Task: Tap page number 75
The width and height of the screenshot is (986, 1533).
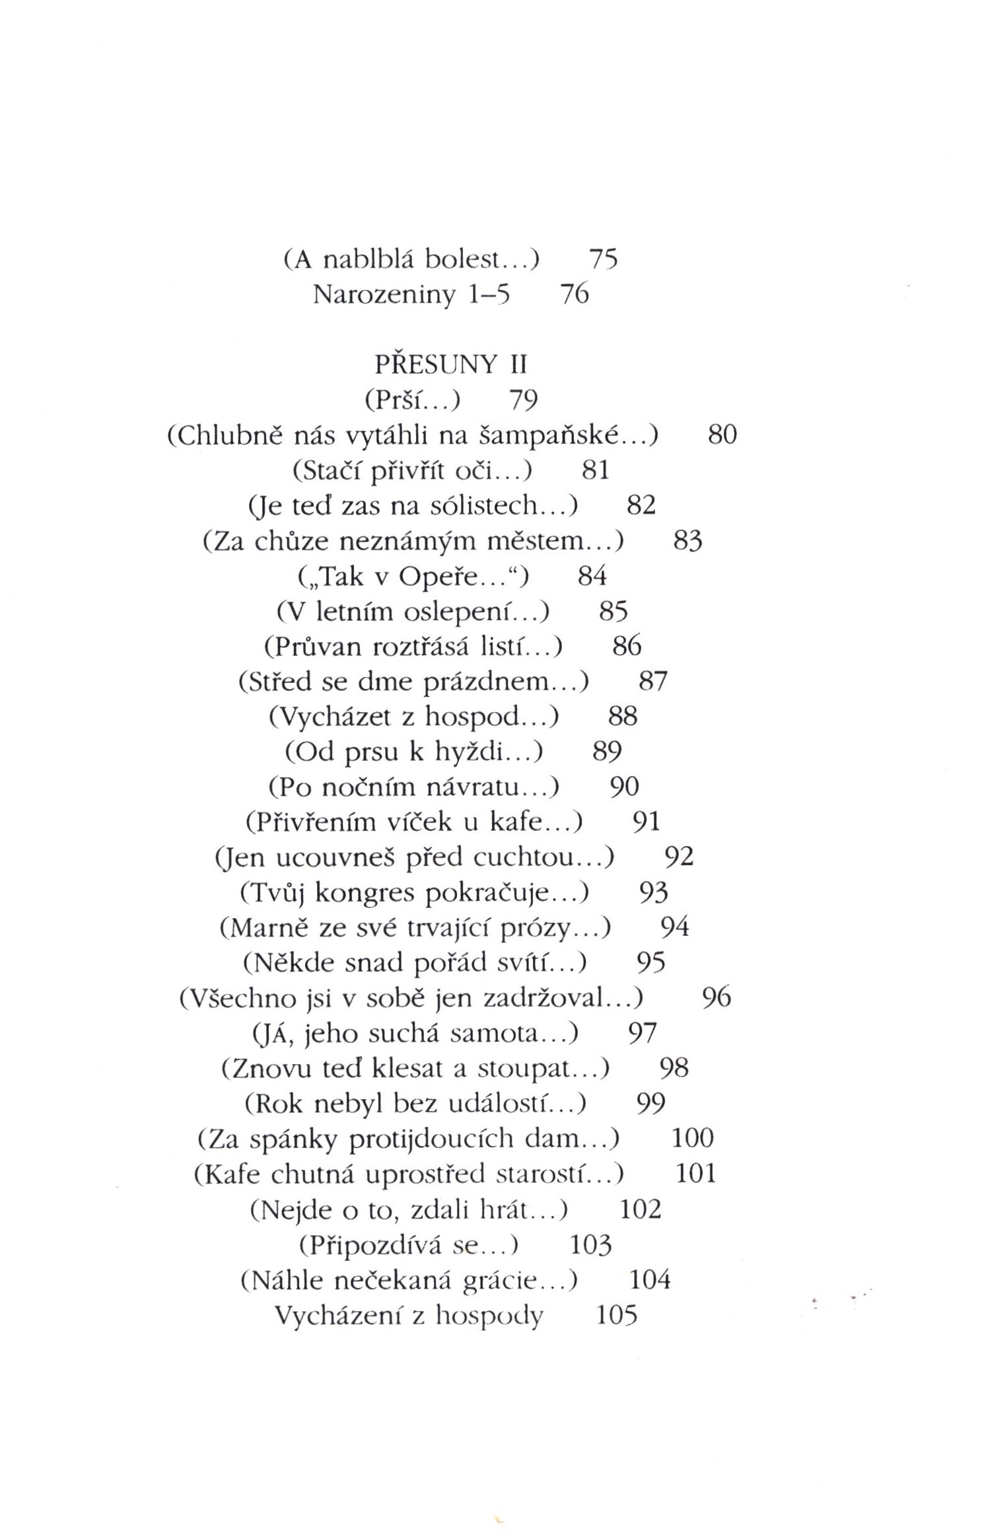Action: (603, 260)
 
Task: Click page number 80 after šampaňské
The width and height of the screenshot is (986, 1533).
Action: (722, 435)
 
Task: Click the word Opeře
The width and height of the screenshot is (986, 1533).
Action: (437, 577)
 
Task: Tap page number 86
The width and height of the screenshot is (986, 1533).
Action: (627, 646)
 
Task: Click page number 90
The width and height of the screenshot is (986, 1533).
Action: (624, 787)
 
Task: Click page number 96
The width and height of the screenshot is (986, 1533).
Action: (716, 998)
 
